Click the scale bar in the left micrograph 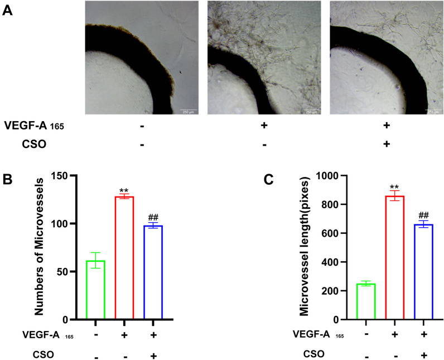[189, 111]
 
